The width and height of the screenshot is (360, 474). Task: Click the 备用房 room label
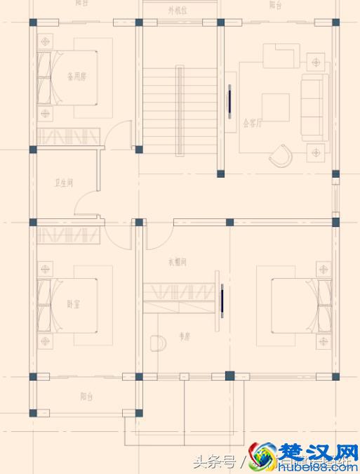(x=76, y=77)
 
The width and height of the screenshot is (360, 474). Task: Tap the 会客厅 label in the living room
(x=253, y=123)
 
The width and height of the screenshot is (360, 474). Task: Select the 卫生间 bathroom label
(x=65, y=183)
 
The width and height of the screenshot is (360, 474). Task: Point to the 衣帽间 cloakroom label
(x=177, y=262)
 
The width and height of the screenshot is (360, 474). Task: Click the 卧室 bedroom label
(x=74, y=304)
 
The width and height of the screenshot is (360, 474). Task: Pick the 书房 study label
(x=185, y=336)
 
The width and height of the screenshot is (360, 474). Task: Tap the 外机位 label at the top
(x=177, y=11)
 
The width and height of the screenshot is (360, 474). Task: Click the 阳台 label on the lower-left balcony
(x=86, y=397)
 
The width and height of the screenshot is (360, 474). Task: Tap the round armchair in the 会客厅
(x=282, y=156)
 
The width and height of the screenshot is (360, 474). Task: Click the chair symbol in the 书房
(x=158, y=343)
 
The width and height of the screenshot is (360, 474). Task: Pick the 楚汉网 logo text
(x=315, y=451)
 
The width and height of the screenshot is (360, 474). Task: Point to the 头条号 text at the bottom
(x=216, y=462)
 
